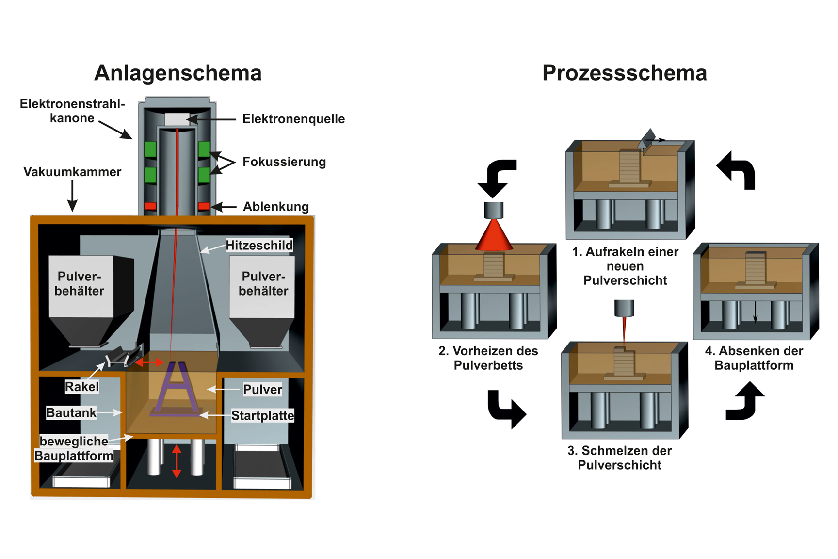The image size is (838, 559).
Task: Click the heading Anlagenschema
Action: [x=177, y=73]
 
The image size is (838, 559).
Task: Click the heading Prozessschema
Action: [x=624, y=73]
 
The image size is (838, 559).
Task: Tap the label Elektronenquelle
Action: [x=293, y=119]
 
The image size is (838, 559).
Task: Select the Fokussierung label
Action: [x=284, y=162]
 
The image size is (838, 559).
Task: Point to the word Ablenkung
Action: [x=275, y=207]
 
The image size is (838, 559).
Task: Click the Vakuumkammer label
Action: [x=72, y=172]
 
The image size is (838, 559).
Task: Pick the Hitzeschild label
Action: [x=259, y=246]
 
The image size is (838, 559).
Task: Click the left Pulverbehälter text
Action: [x=79, y=283]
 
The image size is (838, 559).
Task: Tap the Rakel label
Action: [x=81, y=387]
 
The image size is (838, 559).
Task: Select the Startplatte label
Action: [x=262, y=415]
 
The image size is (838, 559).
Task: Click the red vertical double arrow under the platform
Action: [x=177, y=461]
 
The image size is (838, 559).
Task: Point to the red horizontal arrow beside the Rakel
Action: [x=149, y=362]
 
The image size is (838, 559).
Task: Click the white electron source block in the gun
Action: [x=177, y=119]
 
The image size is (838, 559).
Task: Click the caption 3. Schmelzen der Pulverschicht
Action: [x=619, y=458]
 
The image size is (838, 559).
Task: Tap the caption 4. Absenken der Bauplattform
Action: [x=754, y=358]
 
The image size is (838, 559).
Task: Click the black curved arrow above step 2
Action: [x=497, y=177]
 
